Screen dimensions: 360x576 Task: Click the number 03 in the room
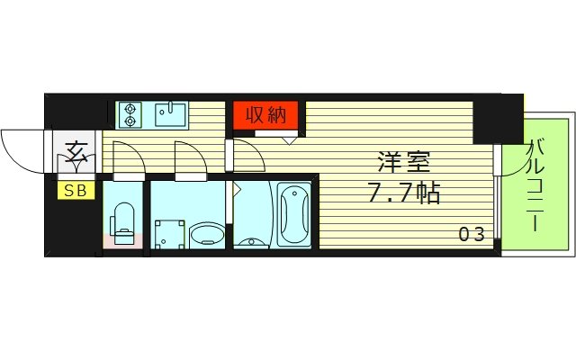(472, 235)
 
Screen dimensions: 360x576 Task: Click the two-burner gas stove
(130, 114)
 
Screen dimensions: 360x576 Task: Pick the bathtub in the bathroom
(293, 215)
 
